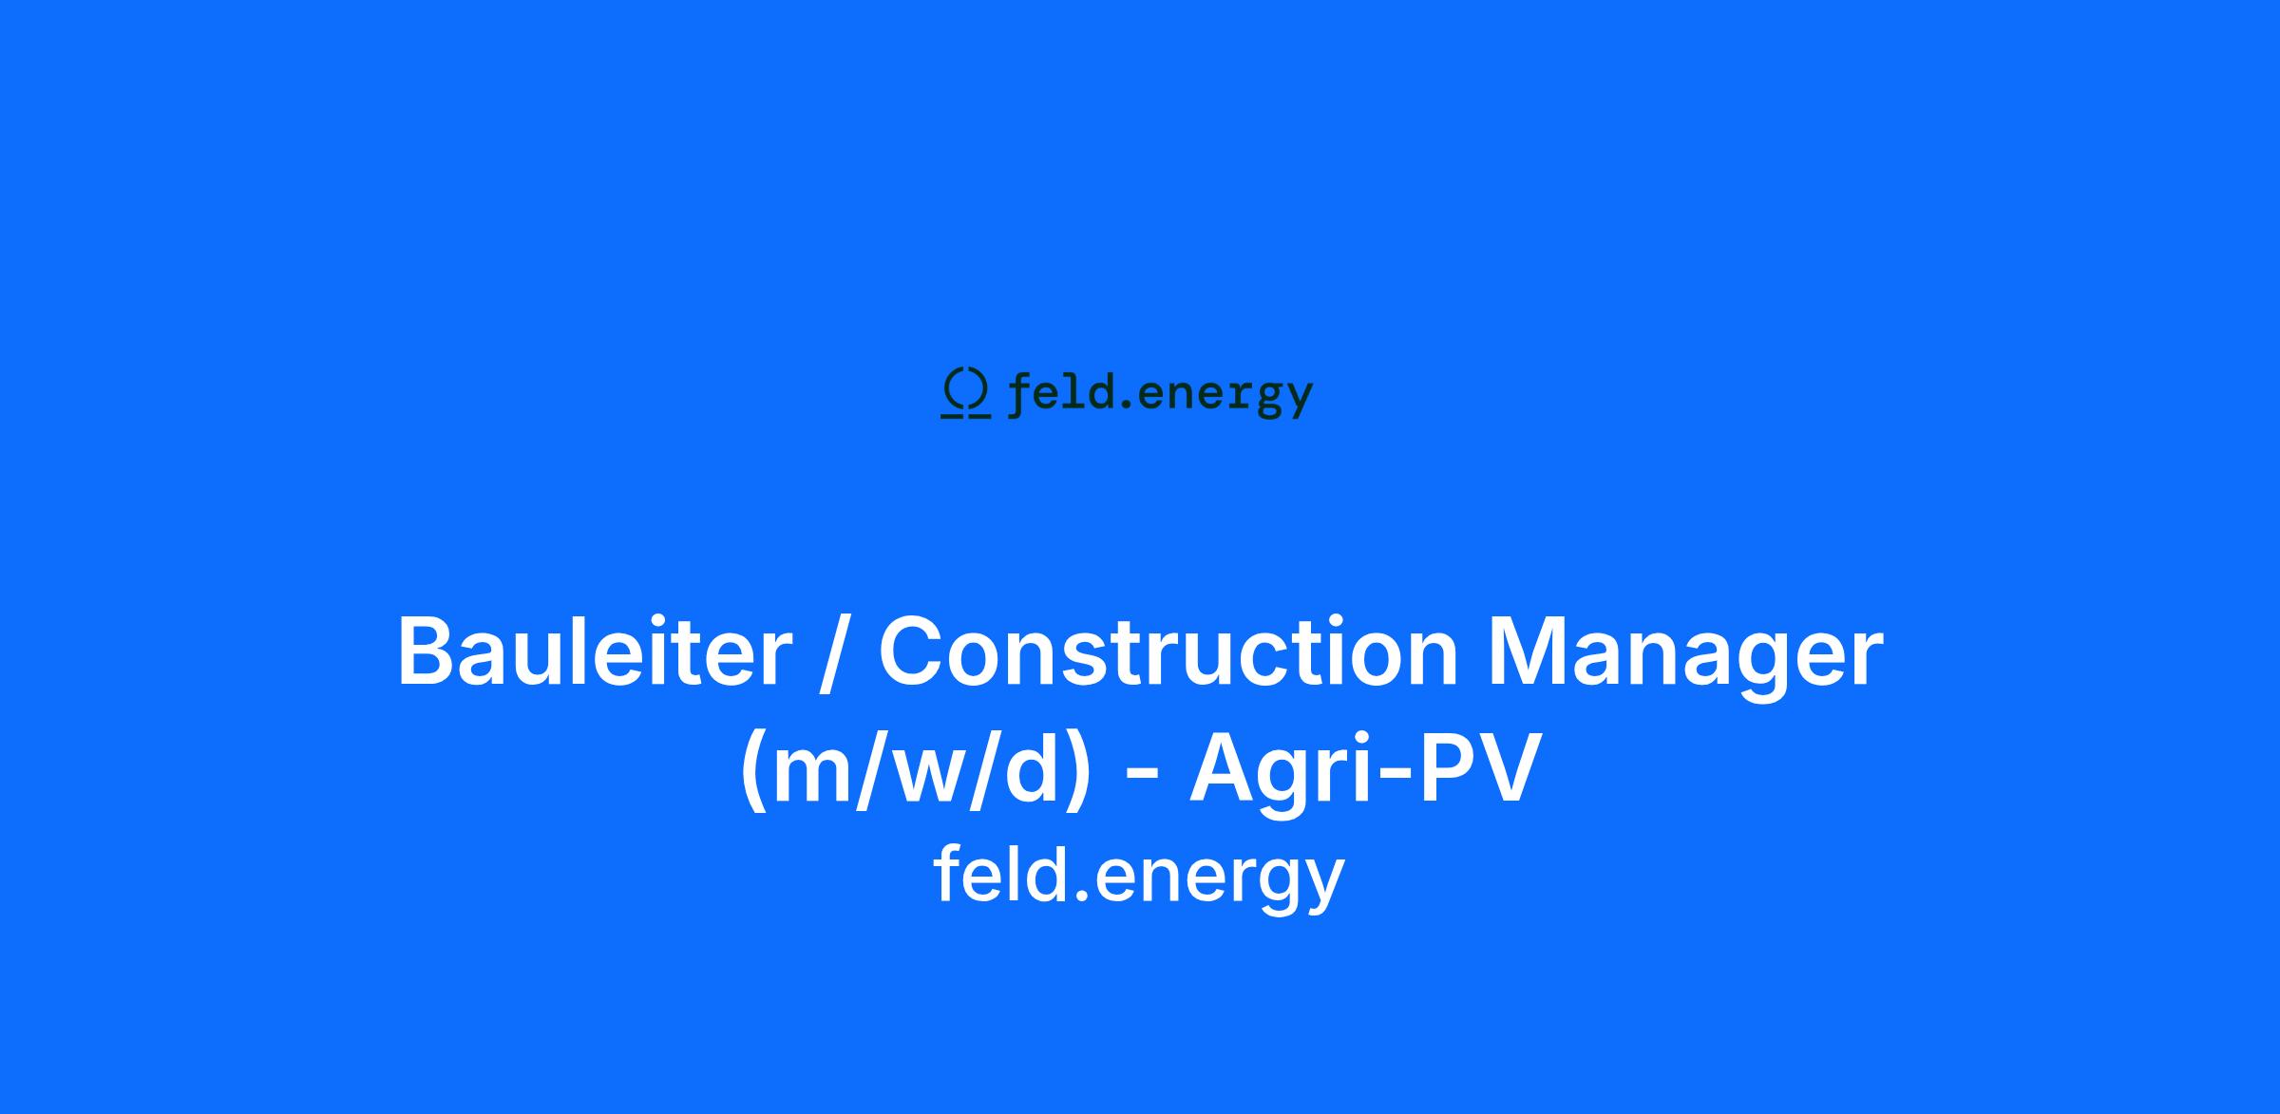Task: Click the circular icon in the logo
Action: pyautogui.click(x=965, y=392)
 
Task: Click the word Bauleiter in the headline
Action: pyautogui.click(x=594, y=651)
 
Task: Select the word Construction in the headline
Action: pyautogui.click(x=1168, y=651)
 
